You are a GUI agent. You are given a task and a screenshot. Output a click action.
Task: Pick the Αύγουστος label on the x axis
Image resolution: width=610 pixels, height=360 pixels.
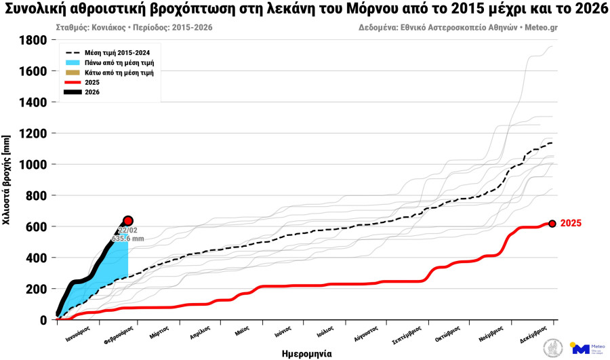click(x=365, y=334)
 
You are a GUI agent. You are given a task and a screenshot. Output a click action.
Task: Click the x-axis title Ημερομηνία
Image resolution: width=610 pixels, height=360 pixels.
click(x=306, y=353)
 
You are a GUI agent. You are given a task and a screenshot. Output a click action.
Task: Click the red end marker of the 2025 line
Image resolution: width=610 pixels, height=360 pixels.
click(x=552, y=223)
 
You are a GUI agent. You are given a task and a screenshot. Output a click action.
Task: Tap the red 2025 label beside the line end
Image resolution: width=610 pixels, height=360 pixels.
click(x=571, y=223)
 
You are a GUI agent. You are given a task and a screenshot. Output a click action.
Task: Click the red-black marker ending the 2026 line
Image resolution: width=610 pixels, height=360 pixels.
click(x=128, y=221)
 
